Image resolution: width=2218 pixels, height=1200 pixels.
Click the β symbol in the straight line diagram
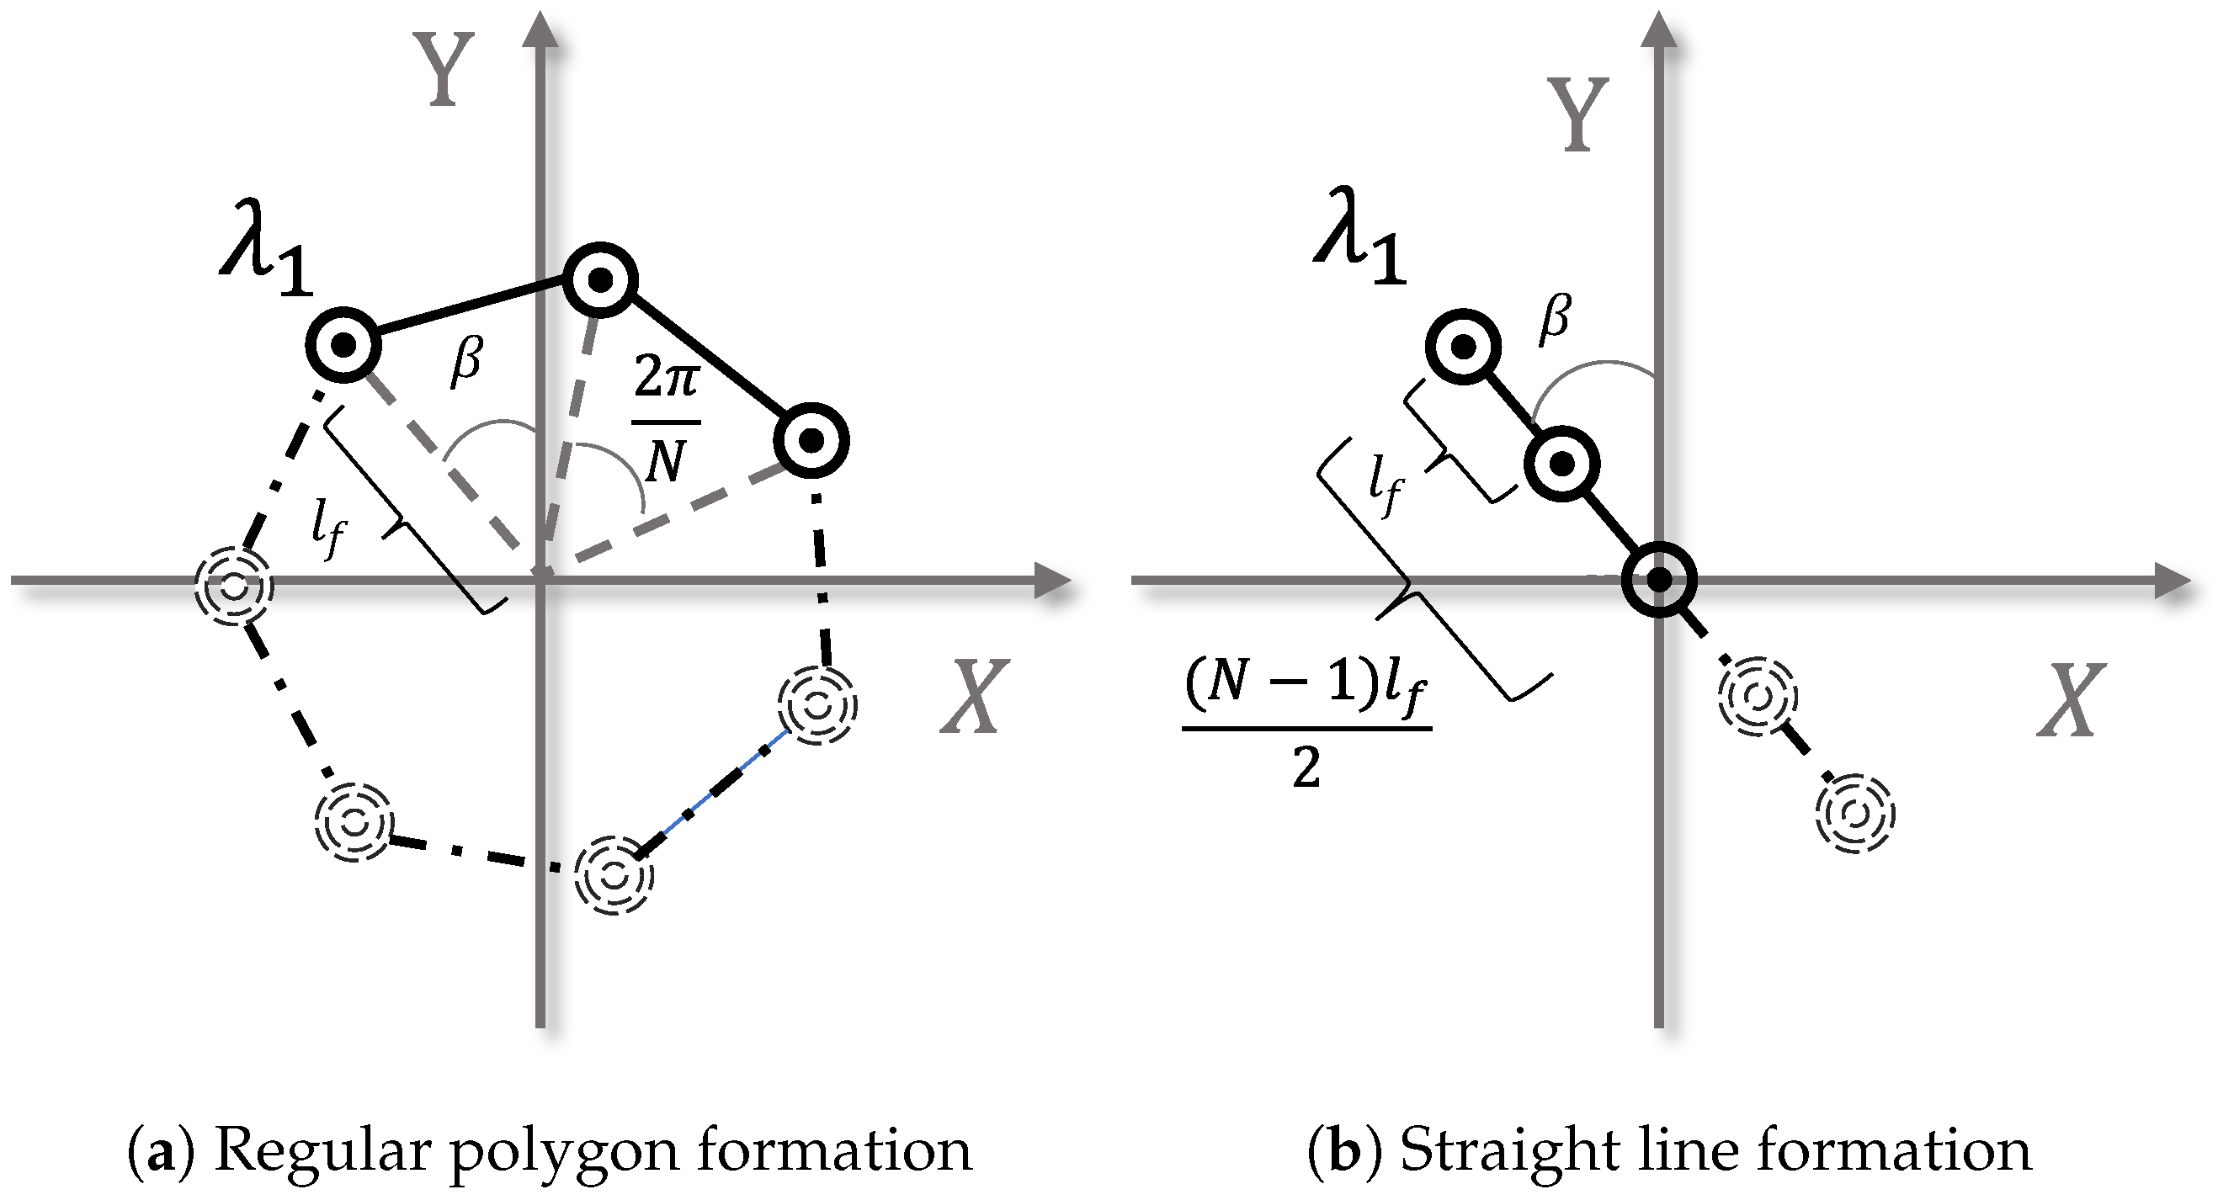1554,317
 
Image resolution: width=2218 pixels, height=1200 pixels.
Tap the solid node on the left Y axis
600,279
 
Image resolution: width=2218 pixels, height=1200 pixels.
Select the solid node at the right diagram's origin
1659,579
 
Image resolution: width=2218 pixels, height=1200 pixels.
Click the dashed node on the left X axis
233,587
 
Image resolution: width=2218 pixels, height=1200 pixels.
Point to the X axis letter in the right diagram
2072,699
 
